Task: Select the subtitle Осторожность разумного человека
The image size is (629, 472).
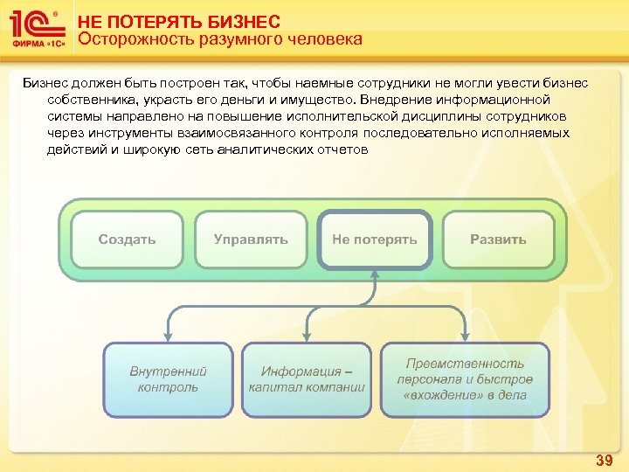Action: [x=219, y=39]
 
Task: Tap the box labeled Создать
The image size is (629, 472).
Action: [x=127, y=239]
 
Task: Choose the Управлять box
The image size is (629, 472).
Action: [x=251, y=239]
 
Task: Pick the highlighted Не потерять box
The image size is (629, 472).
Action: [x=374, y=239]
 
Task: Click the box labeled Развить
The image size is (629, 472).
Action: [x=498, y=239]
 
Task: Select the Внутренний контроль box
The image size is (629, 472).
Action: [x=168, y=379]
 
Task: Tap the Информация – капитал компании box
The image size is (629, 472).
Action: [x=306, y=379]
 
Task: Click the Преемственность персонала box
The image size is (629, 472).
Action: [x=465, y=379]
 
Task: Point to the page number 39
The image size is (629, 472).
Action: [x=604, y=459]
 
